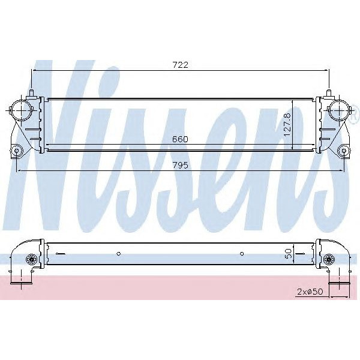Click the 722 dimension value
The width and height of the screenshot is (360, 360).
tap(181, 65)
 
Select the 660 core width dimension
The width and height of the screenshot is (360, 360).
tap(181, 139)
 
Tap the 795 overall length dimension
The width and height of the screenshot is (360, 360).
tap(181, 165)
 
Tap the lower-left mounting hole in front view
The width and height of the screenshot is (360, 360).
tap(17, 150)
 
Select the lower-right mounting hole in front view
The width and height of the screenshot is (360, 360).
tap(343, 150)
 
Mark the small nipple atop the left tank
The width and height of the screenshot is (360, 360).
tap(29, 92)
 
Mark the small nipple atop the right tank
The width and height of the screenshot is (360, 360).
tap(330, 92)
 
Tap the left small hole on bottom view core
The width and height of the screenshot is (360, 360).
tap(119, 253)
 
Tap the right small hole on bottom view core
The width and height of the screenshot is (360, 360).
tap(241, 253)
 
